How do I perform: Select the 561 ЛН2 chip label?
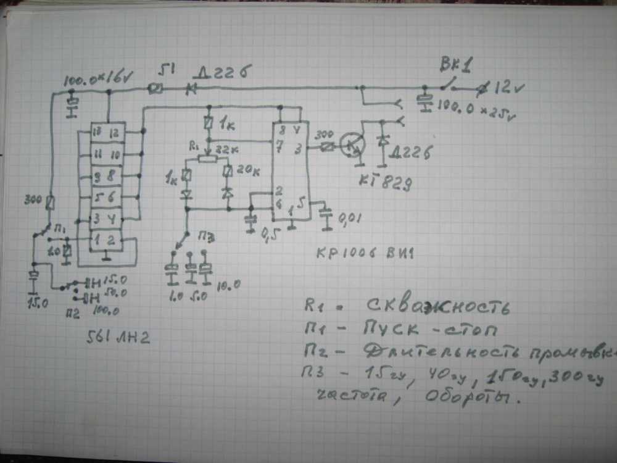[x=121, y=338]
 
